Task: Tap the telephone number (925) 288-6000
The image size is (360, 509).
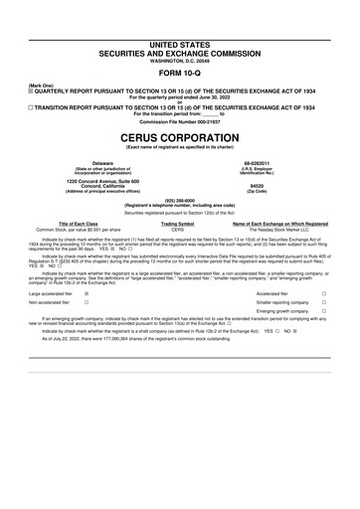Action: point(179,199)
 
